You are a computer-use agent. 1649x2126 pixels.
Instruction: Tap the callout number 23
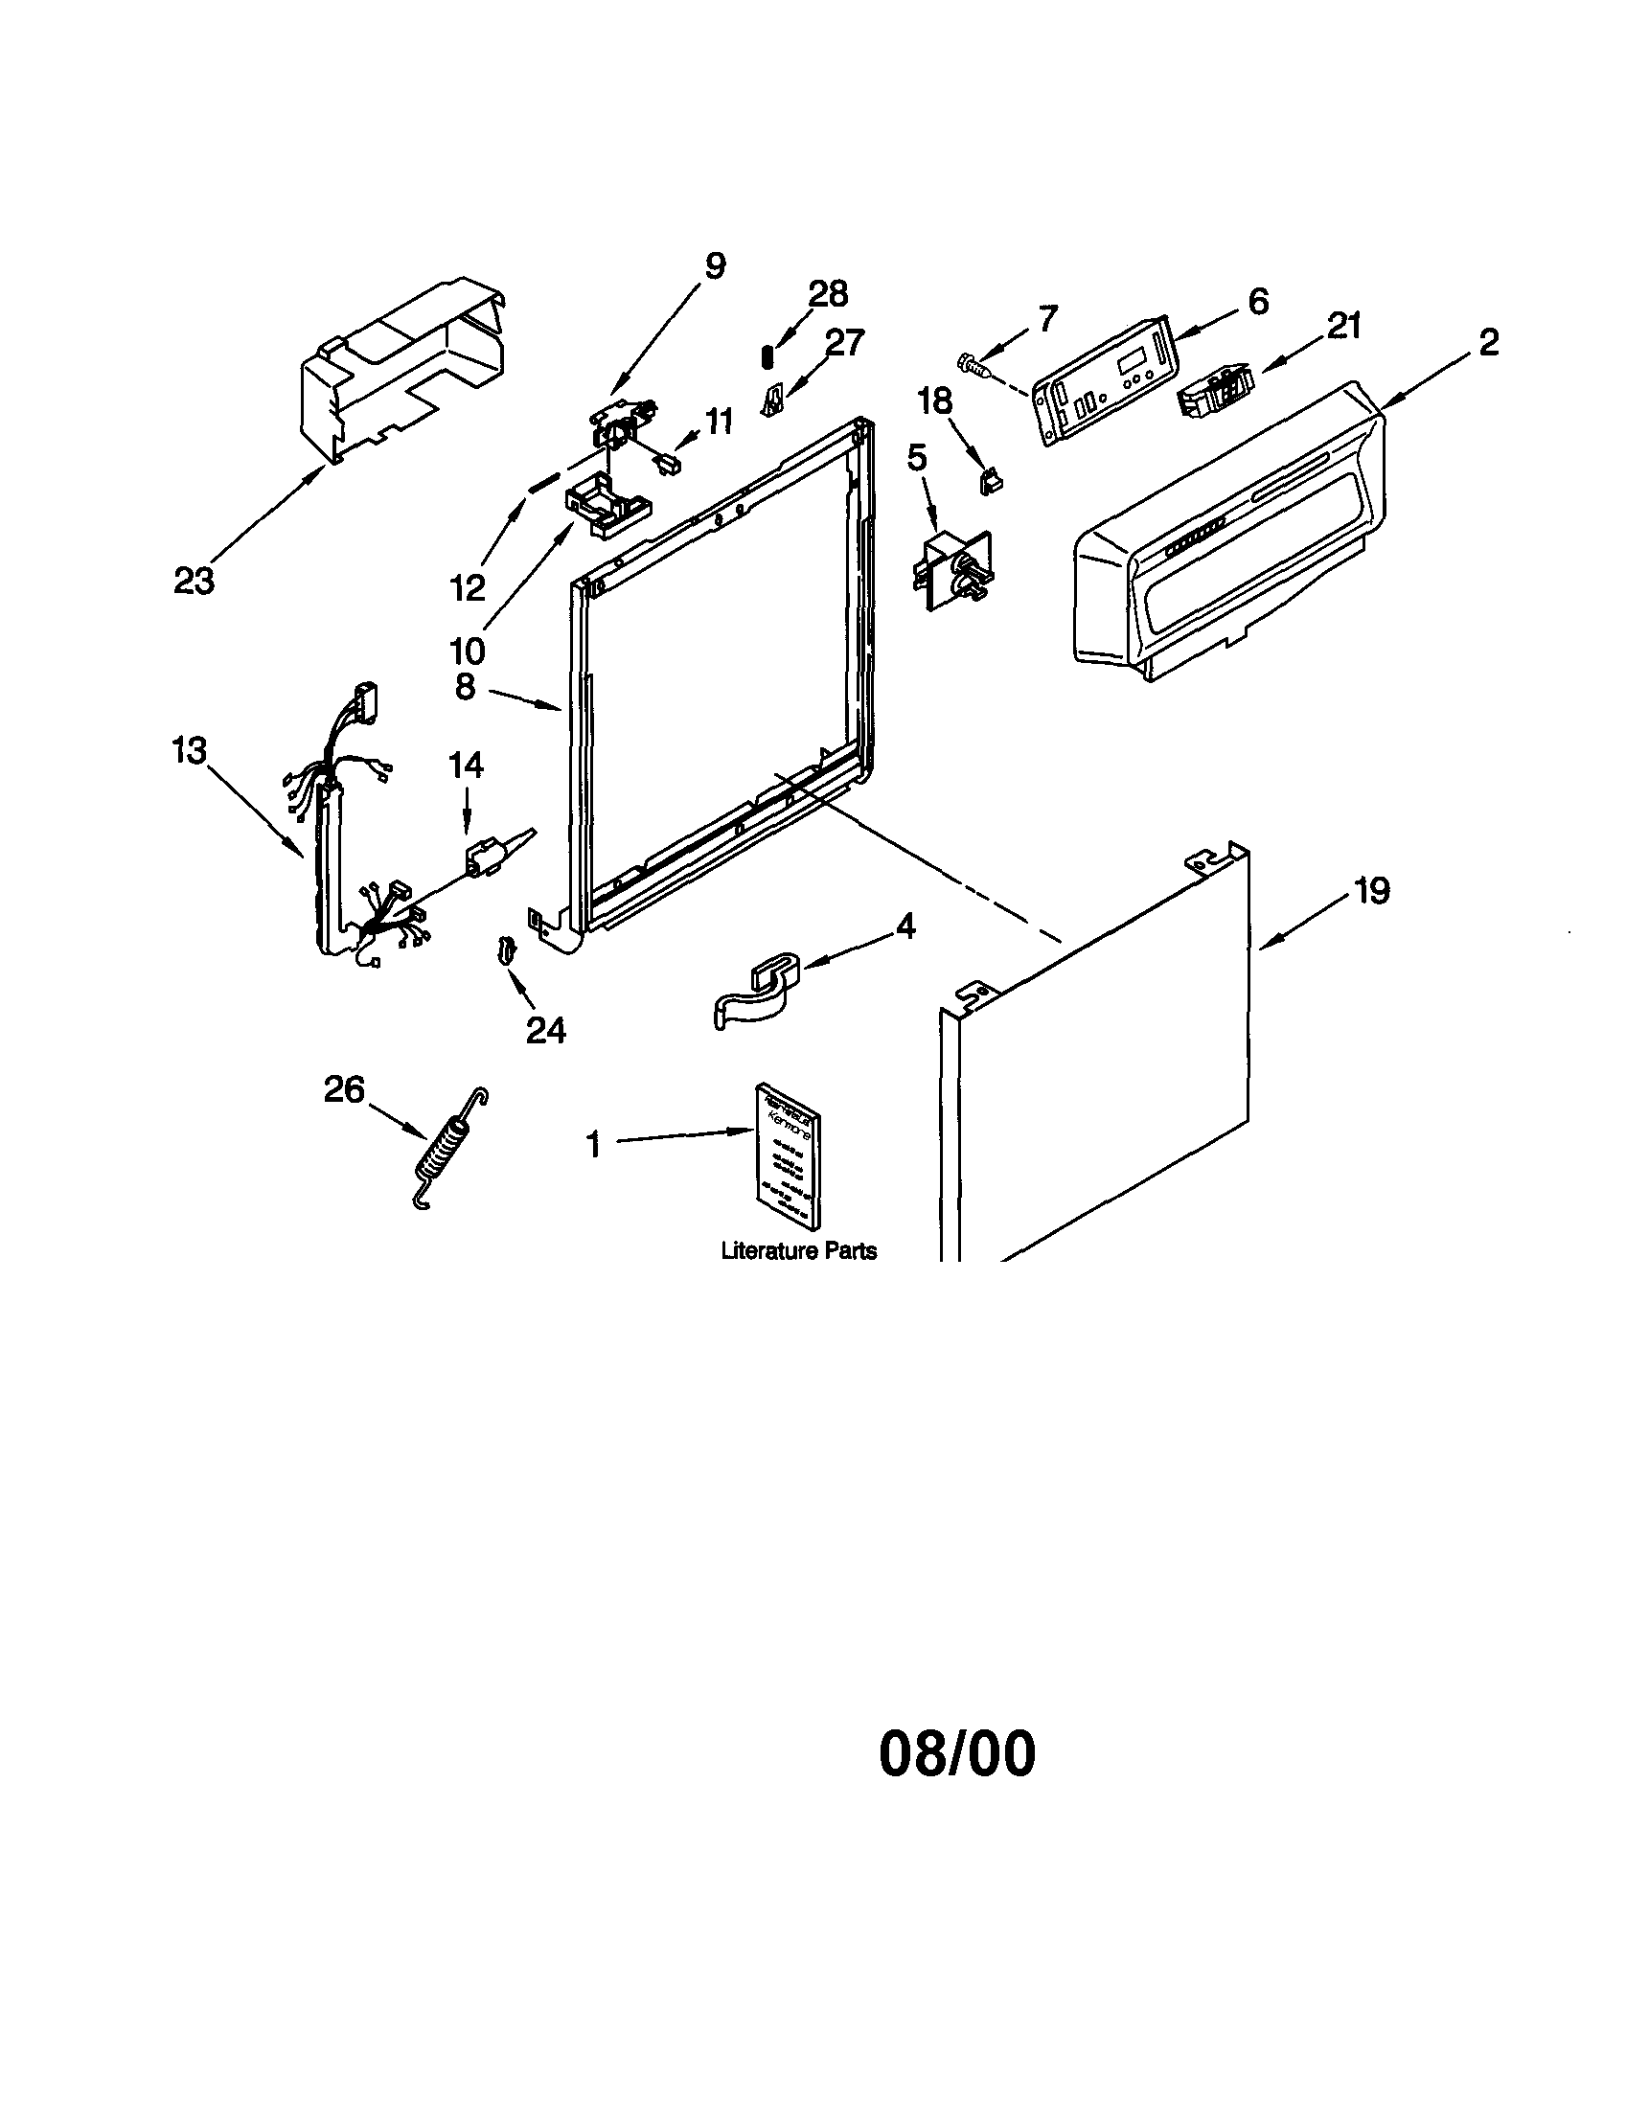click(x=194, y=582)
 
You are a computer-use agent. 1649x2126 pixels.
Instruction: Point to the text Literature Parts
click(x=798, y=1252)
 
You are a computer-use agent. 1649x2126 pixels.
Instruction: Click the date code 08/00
click(x=957, y=1754)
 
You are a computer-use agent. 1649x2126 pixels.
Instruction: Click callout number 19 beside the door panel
click(x=1372, y=891)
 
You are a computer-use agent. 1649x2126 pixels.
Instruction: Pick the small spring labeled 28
click(x=767, y=357)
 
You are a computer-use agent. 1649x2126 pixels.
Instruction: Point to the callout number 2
click(x=1488, y=343)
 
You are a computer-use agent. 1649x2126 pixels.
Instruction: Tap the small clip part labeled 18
click(x=991, y=481)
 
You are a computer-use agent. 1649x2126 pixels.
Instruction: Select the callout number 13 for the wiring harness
click(x=190, y=750)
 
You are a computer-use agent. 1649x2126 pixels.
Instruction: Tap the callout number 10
click(x=468, y=651)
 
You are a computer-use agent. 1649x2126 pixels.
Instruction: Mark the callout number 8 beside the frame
click(x=466, y=686)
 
